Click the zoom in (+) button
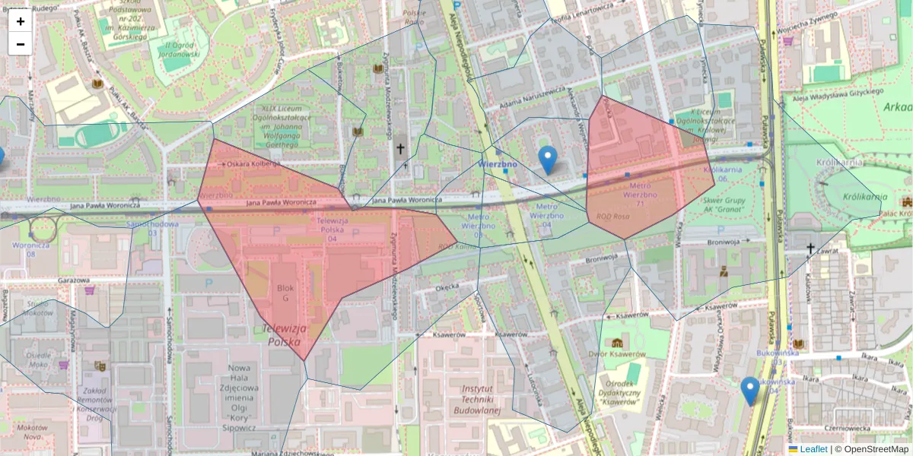[21, 21]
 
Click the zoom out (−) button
[21, 44]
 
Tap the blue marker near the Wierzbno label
[547, 159]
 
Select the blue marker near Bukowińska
[750, 390]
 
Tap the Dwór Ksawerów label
[617, 354]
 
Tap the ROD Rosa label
[612, 216]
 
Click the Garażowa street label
[73, 280]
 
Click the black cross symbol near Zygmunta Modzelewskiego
[400, 149]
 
